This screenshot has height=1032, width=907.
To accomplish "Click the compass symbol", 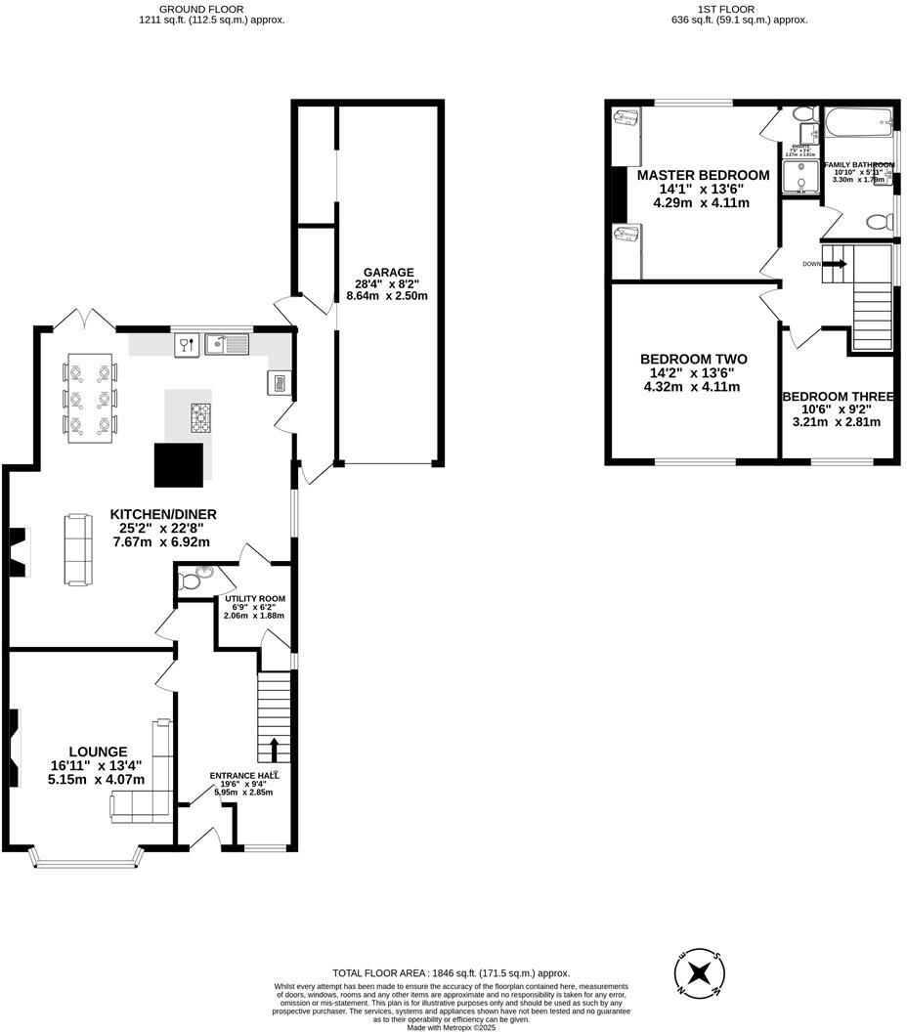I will pos(700,972).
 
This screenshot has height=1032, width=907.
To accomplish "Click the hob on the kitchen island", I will pos(201,417).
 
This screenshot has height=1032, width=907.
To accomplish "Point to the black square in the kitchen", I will pos(180,463).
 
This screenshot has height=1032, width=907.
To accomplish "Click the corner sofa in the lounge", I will pos(147,782).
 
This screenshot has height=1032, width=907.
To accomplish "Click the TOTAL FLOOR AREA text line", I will pos(451,973).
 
